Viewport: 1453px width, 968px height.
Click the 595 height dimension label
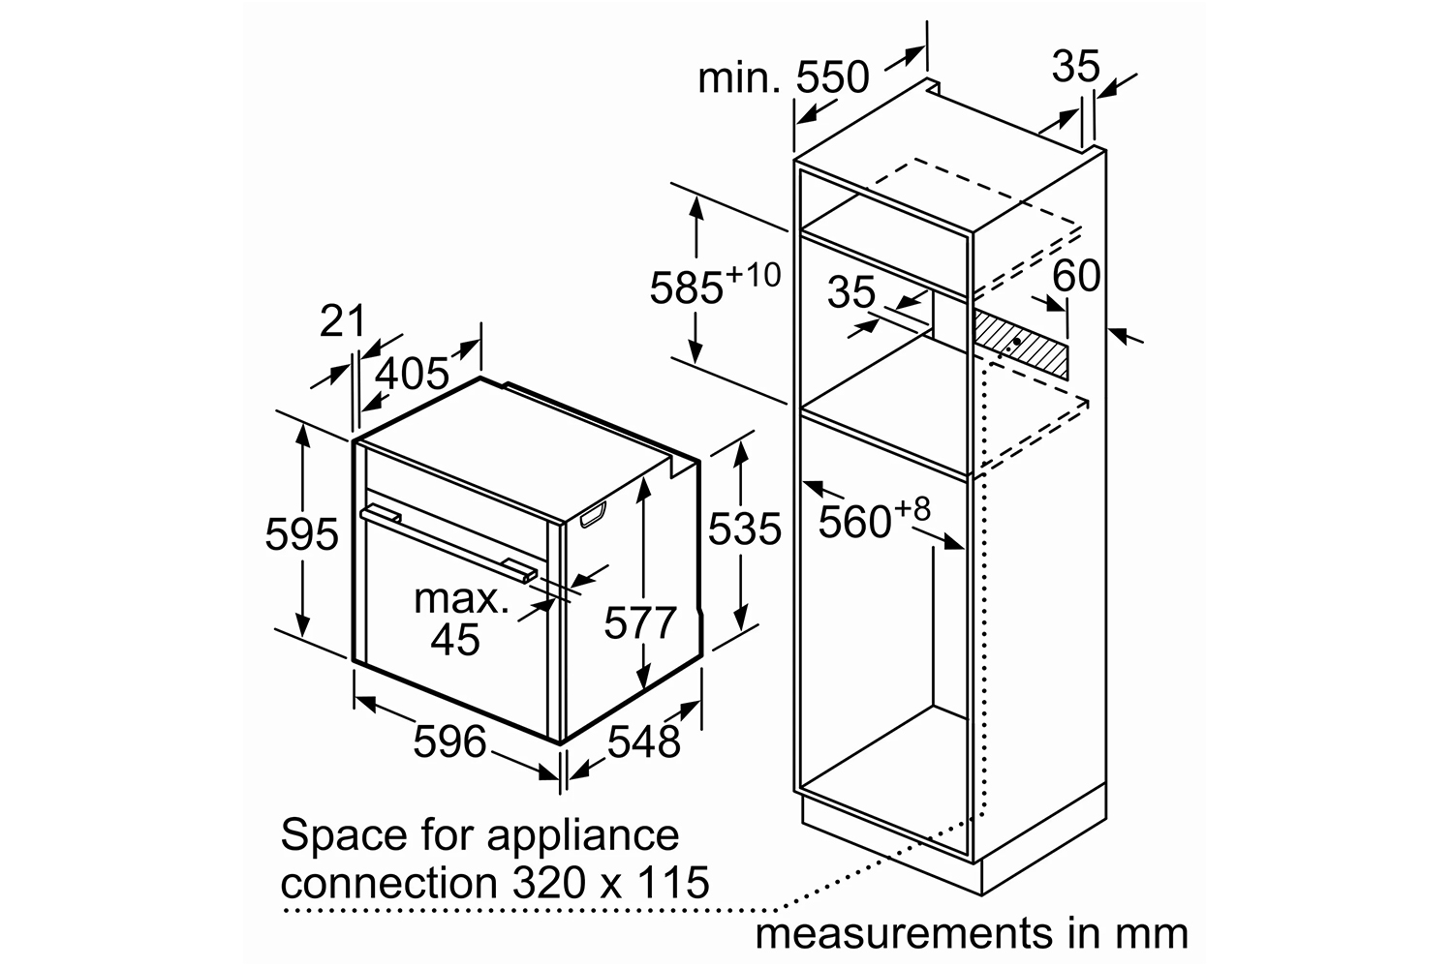pos(301,534)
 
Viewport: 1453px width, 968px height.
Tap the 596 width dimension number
pos(449,741)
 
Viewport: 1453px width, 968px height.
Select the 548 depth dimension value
pos(643,741)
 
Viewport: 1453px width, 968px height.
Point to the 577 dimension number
pos(640,622)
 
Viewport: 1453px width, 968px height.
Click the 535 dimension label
pos(744,529)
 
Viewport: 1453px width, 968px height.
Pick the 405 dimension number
pos(412,373)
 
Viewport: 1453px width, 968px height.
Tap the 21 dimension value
pos(343,320)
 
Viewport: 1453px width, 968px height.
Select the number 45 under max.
pos(455,639)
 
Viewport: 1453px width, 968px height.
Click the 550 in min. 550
pos(832,77)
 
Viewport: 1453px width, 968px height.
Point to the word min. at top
pos(739,78)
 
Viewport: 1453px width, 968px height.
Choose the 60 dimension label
pos(1076,275)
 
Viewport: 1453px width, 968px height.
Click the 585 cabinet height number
pos(686,287)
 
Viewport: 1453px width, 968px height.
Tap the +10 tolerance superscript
pos(754,275)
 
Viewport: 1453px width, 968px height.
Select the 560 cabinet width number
pos(854,521)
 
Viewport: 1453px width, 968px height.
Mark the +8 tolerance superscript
pos(912,509)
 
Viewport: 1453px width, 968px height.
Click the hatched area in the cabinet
pos(1020,344)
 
